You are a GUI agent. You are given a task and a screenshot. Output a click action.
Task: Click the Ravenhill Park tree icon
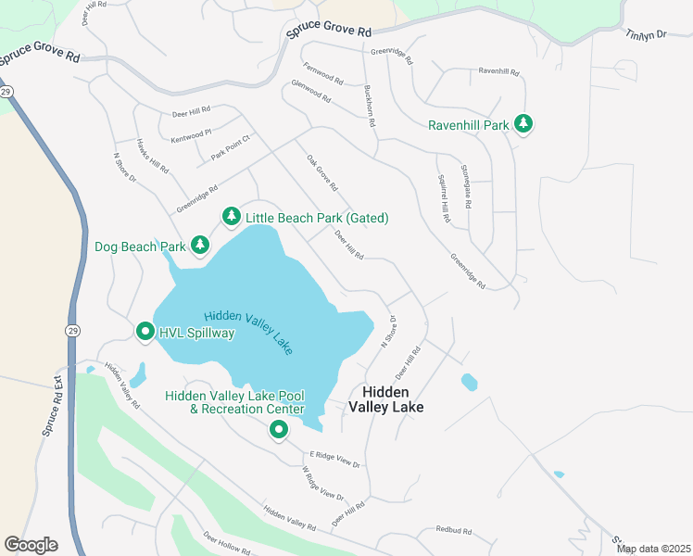pyautogui.click(x=523, y=124)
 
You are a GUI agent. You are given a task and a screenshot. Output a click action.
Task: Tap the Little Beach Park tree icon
pyautogui.click(x=231, y=217)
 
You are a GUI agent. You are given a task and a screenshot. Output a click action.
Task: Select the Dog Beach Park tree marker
pyautogui.click(x=199, y=245)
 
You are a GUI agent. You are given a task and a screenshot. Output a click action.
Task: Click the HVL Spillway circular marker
pyautogui.click(x=145, y=331)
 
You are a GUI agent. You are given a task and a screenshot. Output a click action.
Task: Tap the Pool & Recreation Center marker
pyautogui.click(x=278, y=429)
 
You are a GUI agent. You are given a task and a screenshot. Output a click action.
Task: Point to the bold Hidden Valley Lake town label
pyautogui.click(x=385, y=399)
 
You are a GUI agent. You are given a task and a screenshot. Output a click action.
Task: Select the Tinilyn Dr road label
pyautogui.click(x=646, y=34)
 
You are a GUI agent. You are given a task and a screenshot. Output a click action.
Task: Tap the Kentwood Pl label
pyautogui.click(x=192, y=136)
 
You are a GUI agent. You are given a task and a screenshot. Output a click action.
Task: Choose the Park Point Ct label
pyautogui.click(x=231, y=149)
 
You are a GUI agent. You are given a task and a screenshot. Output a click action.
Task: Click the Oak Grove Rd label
pyautogui.click(x=322, y=173)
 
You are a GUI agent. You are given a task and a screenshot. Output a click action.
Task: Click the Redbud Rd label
pyautogui.click(x=454, y=531)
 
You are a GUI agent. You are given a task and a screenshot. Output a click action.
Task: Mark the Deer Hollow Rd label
pyautogui.click(x=227, y=543)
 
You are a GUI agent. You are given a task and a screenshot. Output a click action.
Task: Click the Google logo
pyautogui.click(x=31, y=544)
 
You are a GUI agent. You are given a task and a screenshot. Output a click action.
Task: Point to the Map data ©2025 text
pyautogui.click(x=652, y=549)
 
